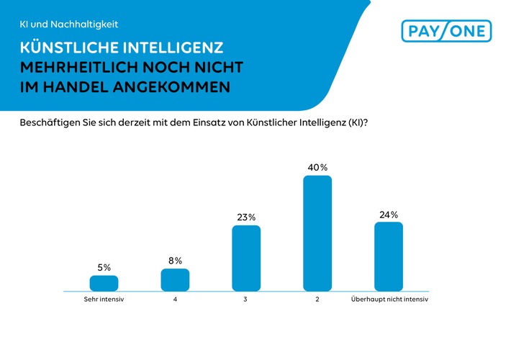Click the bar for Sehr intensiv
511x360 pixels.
(x=104, y=282)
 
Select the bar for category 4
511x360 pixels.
(x=175, y=279)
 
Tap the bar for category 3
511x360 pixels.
(x=246, y=258)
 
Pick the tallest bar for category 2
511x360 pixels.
(x=317, y=233)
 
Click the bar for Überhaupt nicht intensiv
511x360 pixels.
(x=389, y=256)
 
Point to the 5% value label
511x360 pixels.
(x=104, y=267)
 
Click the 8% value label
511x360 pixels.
(x=175, y=261)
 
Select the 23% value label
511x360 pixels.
(x=246, y=217)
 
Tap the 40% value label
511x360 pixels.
(x=317, y=167)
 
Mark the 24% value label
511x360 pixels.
(x=389, y=214)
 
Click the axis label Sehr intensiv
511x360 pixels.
(x=104, y=299)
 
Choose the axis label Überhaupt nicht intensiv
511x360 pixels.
(x=389, y=299)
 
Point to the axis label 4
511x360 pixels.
(x=175, y=299)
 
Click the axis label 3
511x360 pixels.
(x=246, y=299)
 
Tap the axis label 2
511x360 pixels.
(x=317, y=299)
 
